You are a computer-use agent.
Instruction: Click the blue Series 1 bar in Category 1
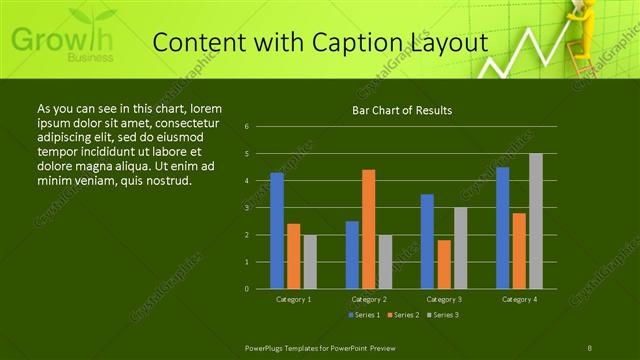point(277,231)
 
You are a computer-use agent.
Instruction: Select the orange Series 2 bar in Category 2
point(368,229)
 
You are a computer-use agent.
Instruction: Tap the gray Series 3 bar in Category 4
point(536,221)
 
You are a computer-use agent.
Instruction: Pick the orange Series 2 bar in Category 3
point(444,264)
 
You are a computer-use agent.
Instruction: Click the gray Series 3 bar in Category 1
point(310,262)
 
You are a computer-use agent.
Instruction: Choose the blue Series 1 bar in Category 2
point(352,255)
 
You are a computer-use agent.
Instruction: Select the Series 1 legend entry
point(363,315)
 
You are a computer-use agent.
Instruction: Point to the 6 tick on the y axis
point(246,127)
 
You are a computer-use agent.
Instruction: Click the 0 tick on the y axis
point(246,289)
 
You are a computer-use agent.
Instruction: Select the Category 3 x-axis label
point(444,299)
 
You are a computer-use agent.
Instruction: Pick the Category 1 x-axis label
point(293,299)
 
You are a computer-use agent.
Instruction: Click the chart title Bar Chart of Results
point(403,110)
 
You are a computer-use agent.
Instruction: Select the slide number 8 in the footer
point(590,347)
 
